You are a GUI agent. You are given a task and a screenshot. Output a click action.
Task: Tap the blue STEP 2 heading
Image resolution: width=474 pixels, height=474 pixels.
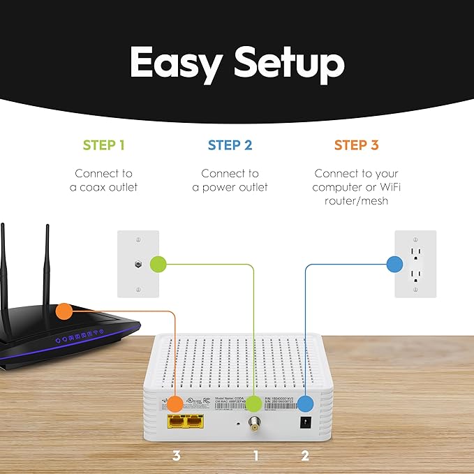pyautogui.click(x=230, y=145)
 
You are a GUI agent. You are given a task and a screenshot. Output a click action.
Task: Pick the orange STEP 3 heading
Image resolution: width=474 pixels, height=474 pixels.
pyautogui.click(x=356, y=145)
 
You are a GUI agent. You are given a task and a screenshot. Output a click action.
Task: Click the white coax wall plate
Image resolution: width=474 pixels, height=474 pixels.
pyautogui.click(x=138, y=265)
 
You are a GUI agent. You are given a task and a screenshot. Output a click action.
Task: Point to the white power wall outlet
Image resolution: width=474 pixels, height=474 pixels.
pyautogui.click(x=415, y=265)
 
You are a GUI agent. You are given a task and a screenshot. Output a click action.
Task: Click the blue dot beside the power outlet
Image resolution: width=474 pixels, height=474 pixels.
pyautogui.click(x=394, y=265)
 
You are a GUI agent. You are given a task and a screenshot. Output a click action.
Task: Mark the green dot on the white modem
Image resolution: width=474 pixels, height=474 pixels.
pyautogui.click(x=254, y=403)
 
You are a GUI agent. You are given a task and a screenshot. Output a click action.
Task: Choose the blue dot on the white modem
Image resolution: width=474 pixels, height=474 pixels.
pyautogui.click(x=305, y=403)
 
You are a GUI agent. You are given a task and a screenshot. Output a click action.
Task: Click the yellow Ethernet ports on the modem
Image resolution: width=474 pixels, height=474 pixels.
pyautogui.click(x=184, y=422)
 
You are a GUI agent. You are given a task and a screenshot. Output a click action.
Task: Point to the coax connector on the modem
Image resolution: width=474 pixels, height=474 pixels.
pyautogui.click(x=255, y=423)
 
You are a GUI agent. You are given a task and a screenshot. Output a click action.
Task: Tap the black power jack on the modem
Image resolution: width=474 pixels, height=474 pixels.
pyautogui.click(x=305, y=422)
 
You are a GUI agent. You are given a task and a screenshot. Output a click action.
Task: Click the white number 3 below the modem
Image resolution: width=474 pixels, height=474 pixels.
pyautogui.click(x=177, y=456)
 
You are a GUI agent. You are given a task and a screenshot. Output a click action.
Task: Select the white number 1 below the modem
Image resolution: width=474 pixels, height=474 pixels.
pyautogui.click(x=255, y=456)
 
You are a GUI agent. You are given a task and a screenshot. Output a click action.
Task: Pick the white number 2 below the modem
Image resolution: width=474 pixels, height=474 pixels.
pyautogui.click(x=305, y=456)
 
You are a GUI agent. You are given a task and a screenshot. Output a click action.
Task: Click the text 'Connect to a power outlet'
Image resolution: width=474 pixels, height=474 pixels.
pyautogui.click(x=230, y=180)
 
